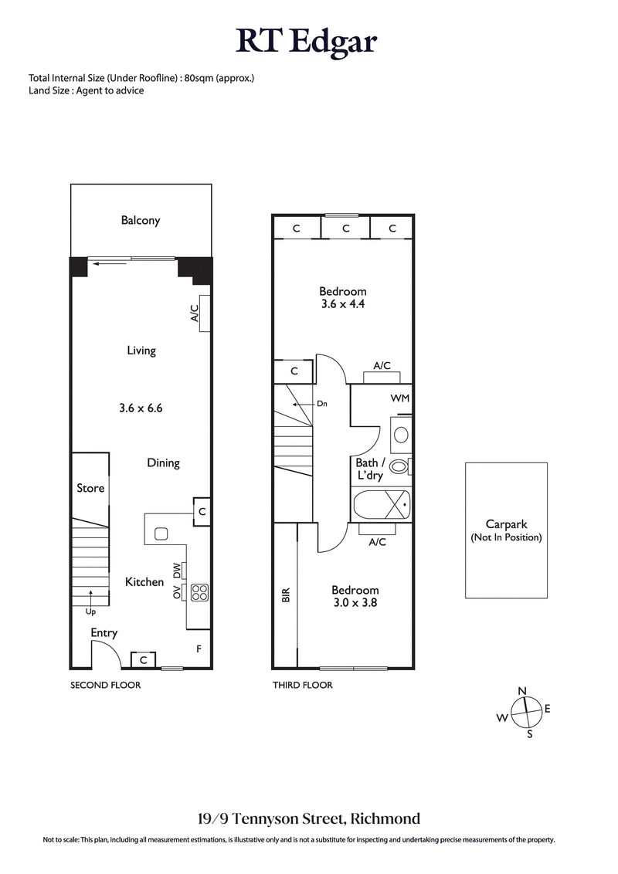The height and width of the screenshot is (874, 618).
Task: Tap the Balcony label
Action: coord(141,221)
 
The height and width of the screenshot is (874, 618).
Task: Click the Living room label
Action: coord(141,351)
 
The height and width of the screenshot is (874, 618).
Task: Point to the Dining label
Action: coord(163,463)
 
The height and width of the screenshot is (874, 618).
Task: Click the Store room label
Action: coord(90,488)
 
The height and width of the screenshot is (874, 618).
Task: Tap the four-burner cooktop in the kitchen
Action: coord(199,592)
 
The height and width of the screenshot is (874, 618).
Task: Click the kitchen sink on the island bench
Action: coord(161,533)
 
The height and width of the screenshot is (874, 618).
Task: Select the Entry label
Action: coord(104,633)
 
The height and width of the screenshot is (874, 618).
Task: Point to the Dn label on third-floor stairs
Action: coord(322,403)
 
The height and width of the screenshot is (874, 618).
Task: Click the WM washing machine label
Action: coord(400,398)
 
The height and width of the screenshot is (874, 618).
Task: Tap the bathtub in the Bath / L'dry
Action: coord(382,506)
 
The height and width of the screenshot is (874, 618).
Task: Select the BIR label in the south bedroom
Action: coord(285,595)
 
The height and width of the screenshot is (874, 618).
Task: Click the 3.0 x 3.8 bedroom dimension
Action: coord(355,602)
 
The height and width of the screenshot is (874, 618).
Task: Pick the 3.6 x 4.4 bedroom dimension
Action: coord(343,304)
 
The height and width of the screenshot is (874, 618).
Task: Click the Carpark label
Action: coord(506,523)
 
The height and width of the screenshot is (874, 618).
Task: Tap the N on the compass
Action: coord(522,691)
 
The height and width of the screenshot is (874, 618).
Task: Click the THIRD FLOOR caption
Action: coord(302,685)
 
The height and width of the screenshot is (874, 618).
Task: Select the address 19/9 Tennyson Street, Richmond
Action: coord(307,818)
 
